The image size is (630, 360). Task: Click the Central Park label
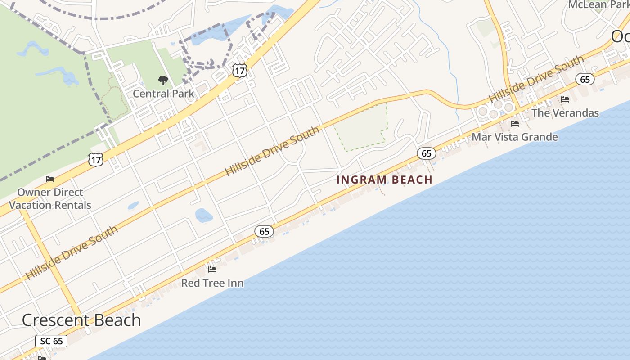(163, 94)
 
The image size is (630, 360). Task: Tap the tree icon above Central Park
(163, 81)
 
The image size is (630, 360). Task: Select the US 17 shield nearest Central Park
(240, 70)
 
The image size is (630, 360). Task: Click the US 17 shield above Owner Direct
(96, 159)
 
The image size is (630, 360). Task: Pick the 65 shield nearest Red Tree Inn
(264, 231)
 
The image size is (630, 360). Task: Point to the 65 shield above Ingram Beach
(427, 153)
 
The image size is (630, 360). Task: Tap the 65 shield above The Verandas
(585, 80)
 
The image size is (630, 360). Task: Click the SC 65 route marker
(52, 341)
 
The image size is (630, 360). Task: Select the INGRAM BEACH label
(384, 180)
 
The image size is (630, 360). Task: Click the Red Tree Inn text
(212, 283)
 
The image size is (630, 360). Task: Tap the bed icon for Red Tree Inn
(212, 270)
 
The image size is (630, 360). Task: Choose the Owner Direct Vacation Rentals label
(50, 198)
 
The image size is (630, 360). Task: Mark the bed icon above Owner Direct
(50, 179)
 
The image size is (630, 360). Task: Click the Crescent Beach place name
(81, 320)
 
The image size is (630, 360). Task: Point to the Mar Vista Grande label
(515, 137)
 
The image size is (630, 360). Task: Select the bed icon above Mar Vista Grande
(515, 123)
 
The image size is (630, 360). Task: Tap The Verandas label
(565, 112)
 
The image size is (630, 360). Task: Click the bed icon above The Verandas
(565, 99)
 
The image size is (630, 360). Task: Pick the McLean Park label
(598, 5)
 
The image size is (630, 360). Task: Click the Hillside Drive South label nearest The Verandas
(536, 79)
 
